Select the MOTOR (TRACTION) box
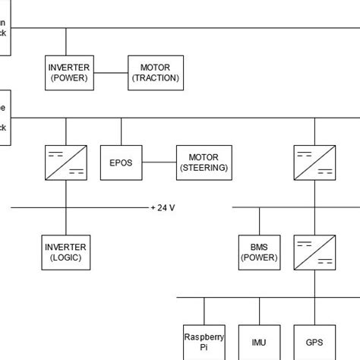click(156, 73)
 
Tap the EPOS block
click(121, 163)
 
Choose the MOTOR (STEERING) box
click(204, 163)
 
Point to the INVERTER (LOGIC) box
click(66, 252)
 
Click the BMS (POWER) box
click(259, 252)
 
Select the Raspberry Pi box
click(204, 341)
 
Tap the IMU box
click(259, 342)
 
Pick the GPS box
click(314, 342)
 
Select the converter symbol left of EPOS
click(66, 163)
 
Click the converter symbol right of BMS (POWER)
click(314, 252)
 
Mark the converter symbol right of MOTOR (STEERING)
click(314, 163)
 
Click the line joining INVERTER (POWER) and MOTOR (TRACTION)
click(111, 73)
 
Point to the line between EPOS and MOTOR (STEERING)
click(159, 163)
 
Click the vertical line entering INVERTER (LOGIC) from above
click(66, 221)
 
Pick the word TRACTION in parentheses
click(156, 78)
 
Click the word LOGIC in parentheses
click(66, 257)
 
